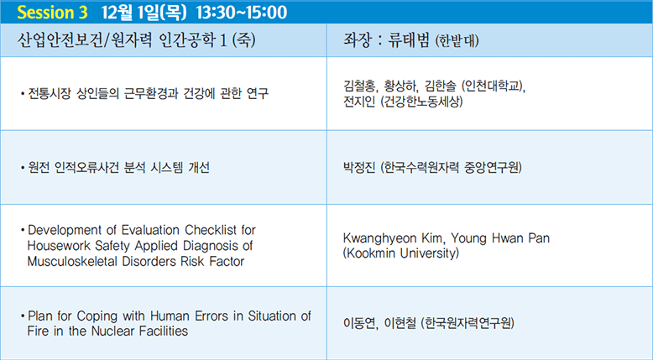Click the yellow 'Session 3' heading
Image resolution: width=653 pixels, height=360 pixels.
coord(53,12)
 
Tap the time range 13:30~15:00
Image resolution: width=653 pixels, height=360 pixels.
coord(242,12)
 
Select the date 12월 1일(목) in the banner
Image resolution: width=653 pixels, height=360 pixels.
coord(144,12)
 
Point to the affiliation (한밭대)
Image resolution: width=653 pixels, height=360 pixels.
coord(457,41)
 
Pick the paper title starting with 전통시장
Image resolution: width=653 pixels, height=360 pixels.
coord(148,93)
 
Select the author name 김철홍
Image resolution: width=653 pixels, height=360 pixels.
coord(359,86)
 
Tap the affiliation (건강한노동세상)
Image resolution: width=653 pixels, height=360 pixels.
coord(421,102)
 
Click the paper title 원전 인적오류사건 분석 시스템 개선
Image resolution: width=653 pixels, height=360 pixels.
coord(118,167)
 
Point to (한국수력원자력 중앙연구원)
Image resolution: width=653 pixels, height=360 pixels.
coord(451,167)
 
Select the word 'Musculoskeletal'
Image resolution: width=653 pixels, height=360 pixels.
coord(73,261)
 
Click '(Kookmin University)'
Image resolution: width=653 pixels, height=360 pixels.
coord(400,253)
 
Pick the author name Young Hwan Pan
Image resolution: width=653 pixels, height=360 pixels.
coord(500,238)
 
